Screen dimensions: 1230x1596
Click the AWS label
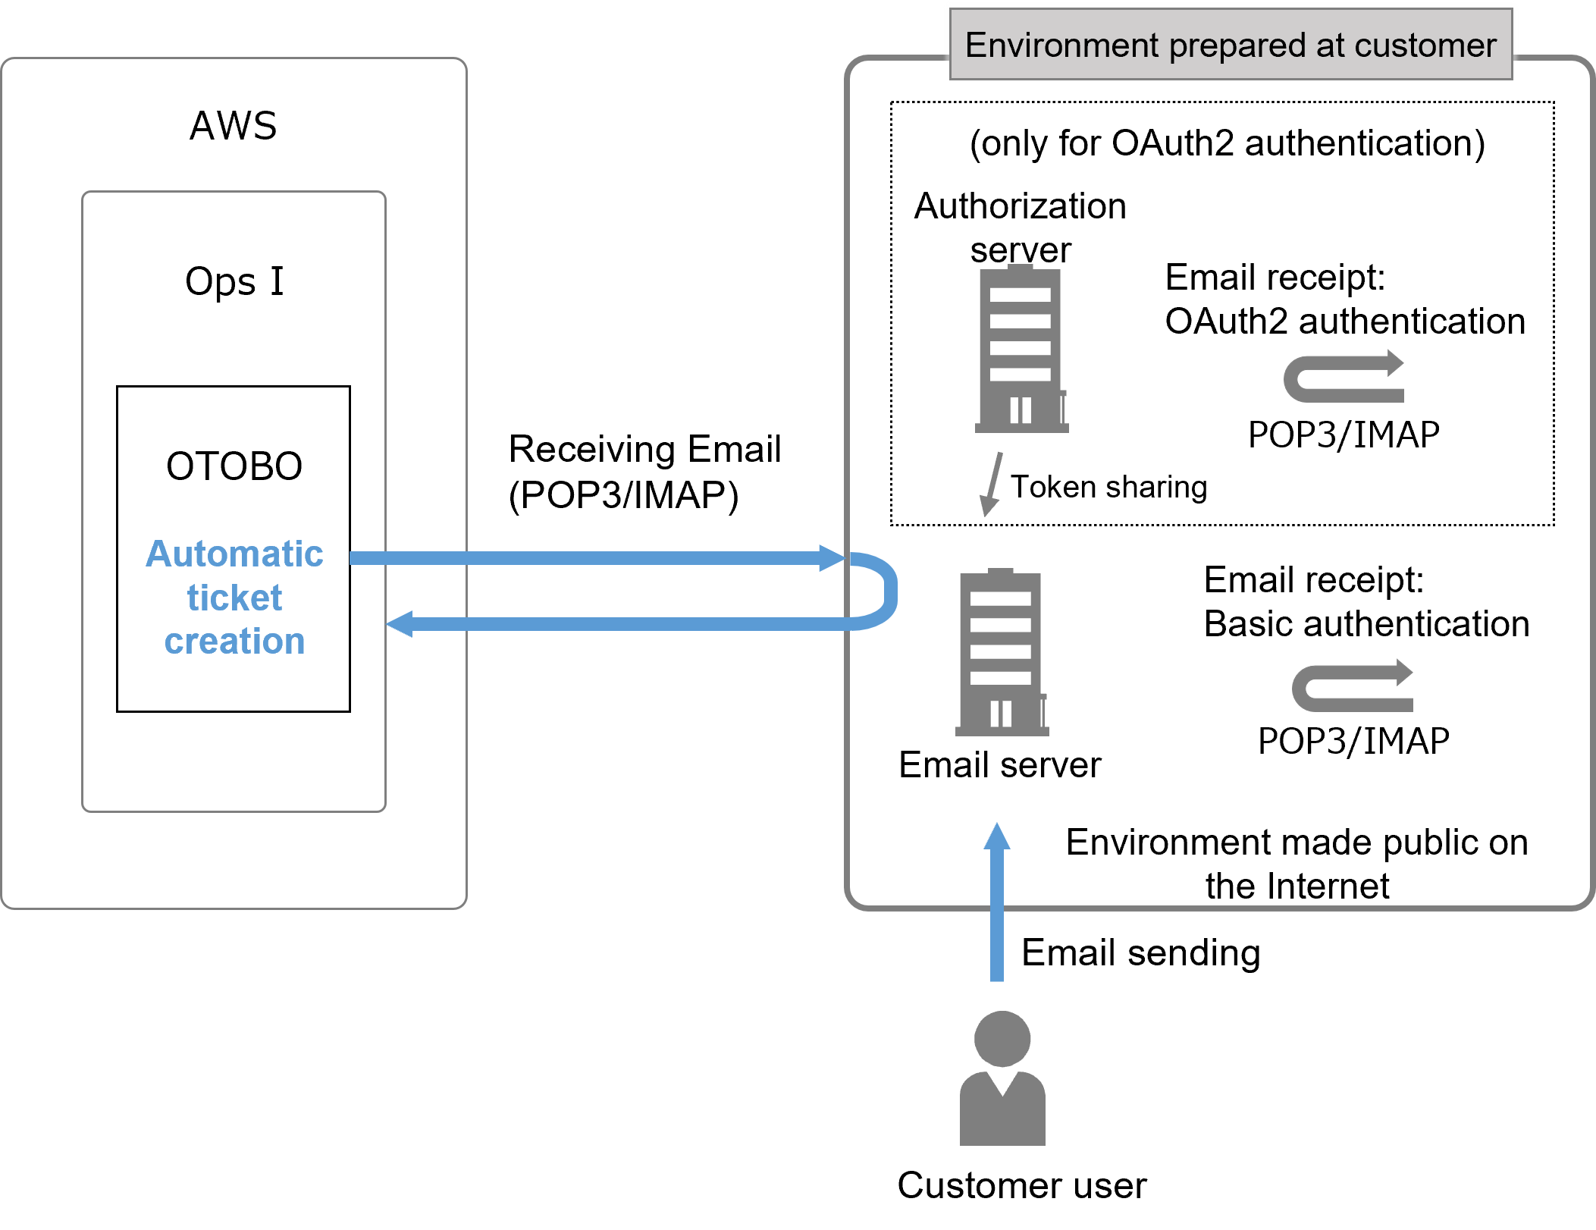(x=233, y=126)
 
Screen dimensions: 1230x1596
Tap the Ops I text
(x=234, y=281)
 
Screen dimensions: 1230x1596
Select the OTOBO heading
(x=234, y=466)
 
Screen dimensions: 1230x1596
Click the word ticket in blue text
(x=234, y=598)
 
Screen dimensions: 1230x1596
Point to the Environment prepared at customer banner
(x=1231, y=45)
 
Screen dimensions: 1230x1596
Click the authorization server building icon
(x=1021, y=350)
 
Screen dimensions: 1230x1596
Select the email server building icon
(x=1001, y=653)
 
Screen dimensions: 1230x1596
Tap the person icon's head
(x=1002, y=1039)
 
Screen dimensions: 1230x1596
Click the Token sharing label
(x=1108, y=487)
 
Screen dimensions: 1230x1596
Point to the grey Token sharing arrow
(x=992, y=483)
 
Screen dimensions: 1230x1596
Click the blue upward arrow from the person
(x=997, y=902)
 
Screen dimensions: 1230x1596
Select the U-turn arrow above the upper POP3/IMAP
(x=1343, y=377)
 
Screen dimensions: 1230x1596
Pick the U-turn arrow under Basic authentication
(x=1352, y=686)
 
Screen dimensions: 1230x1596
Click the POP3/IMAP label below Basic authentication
(x=1353, y=741)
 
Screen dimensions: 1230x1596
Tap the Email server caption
(x=999, y=764)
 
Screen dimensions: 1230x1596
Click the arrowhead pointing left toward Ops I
(x=400, y=624)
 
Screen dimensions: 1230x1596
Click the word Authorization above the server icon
(x=1020, y=206)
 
